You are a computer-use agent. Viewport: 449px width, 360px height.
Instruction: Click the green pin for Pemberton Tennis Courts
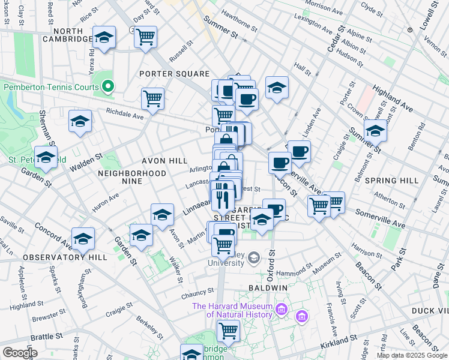pos(108,87)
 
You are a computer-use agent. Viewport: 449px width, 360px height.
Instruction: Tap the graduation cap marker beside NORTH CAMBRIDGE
pos(104,38)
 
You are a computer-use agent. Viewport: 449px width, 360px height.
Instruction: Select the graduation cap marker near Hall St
pos(277,87)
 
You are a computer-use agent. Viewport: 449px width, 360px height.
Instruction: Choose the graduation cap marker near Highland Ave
pos(375,130)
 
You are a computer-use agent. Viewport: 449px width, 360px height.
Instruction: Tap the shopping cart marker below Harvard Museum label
pos(228,329)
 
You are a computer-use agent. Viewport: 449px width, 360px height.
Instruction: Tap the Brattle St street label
pos(43,337)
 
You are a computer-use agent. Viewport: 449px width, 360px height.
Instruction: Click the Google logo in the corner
pos(20,353)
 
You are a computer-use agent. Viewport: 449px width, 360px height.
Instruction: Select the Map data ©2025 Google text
pos(411,355)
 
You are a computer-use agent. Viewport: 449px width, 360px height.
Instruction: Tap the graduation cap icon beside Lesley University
pos(254,258)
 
